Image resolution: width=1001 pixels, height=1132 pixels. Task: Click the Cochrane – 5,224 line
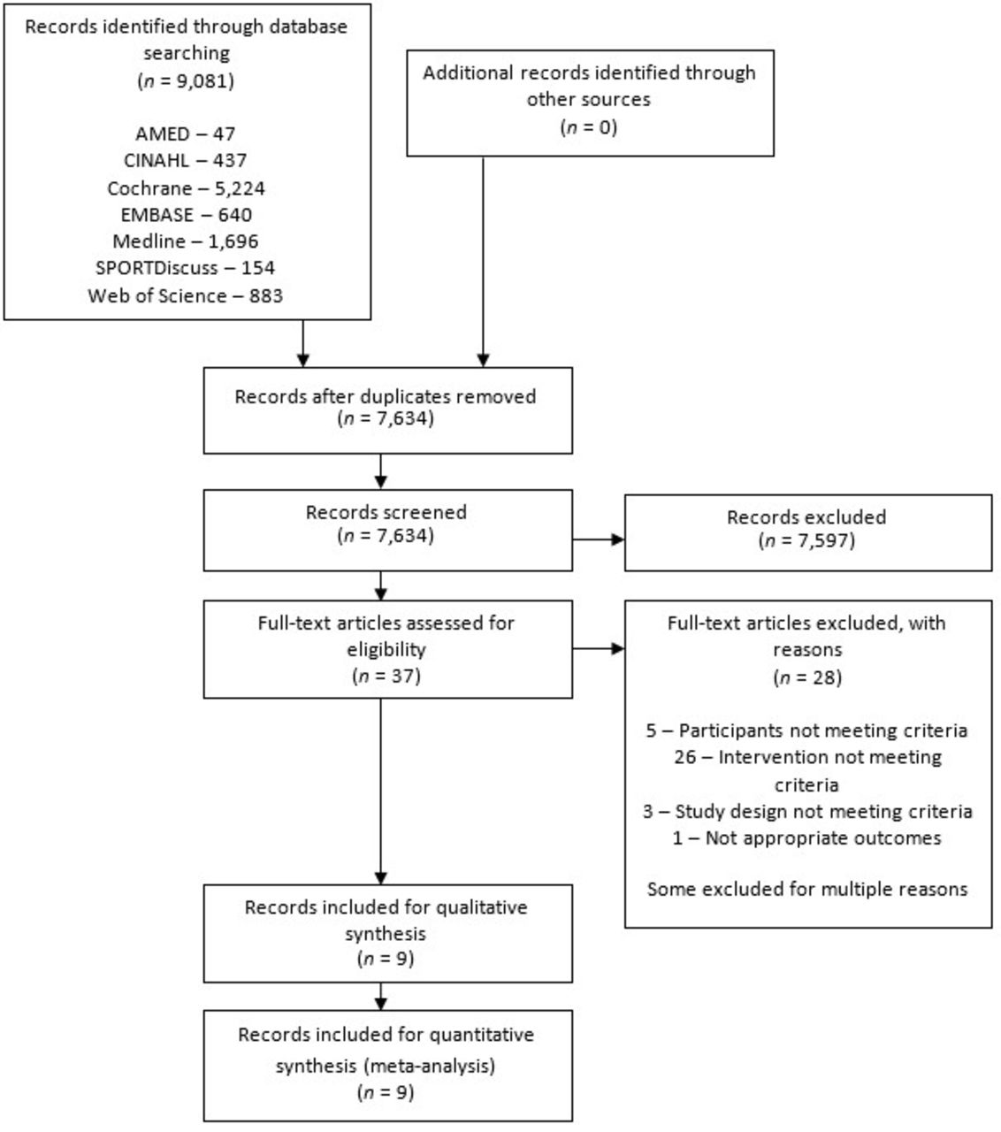(x=186, y=188)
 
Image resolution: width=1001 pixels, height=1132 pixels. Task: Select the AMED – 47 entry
(x=186, y=134)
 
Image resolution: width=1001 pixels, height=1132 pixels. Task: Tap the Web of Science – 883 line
(x=186, y=295)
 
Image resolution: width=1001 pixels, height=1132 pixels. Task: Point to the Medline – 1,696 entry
(x=186, y=241)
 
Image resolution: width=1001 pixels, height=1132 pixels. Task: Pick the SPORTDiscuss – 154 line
(x=186, y=268)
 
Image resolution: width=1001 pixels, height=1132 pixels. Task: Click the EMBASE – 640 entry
(x=186, y=215)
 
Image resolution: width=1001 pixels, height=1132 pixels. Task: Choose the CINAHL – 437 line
(x=186, y=161)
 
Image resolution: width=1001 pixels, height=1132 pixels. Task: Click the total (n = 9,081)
(x=186, y=81)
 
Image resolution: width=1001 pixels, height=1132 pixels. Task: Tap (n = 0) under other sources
(x=589, y=127)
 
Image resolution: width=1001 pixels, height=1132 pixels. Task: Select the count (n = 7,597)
(x=807, y=540)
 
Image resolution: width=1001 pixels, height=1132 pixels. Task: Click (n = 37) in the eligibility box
(x=386, y=676)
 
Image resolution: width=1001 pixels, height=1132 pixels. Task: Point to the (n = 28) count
(x=807, y=677)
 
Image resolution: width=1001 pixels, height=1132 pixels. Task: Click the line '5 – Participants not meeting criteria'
(x=807, y=730)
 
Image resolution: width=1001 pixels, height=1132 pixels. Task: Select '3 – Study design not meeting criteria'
(x=807, y=811)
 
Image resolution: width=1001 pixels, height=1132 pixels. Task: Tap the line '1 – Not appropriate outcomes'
(x=807, y=838)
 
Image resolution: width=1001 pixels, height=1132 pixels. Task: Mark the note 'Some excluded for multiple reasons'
(x=807, y=889)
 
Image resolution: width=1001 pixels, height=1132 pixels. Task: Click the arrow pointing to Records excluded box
(x=599, y=539)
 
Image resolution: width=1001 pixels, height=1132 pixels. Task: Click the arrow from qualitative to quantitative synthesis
(x=381, y=996)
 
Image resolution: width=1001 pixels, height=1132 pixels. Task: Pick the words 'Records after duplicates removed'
(x=386, y=397)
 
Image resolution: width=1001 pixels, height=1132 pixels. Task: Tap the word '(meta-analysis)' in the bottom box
(x=430, y=1066)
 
